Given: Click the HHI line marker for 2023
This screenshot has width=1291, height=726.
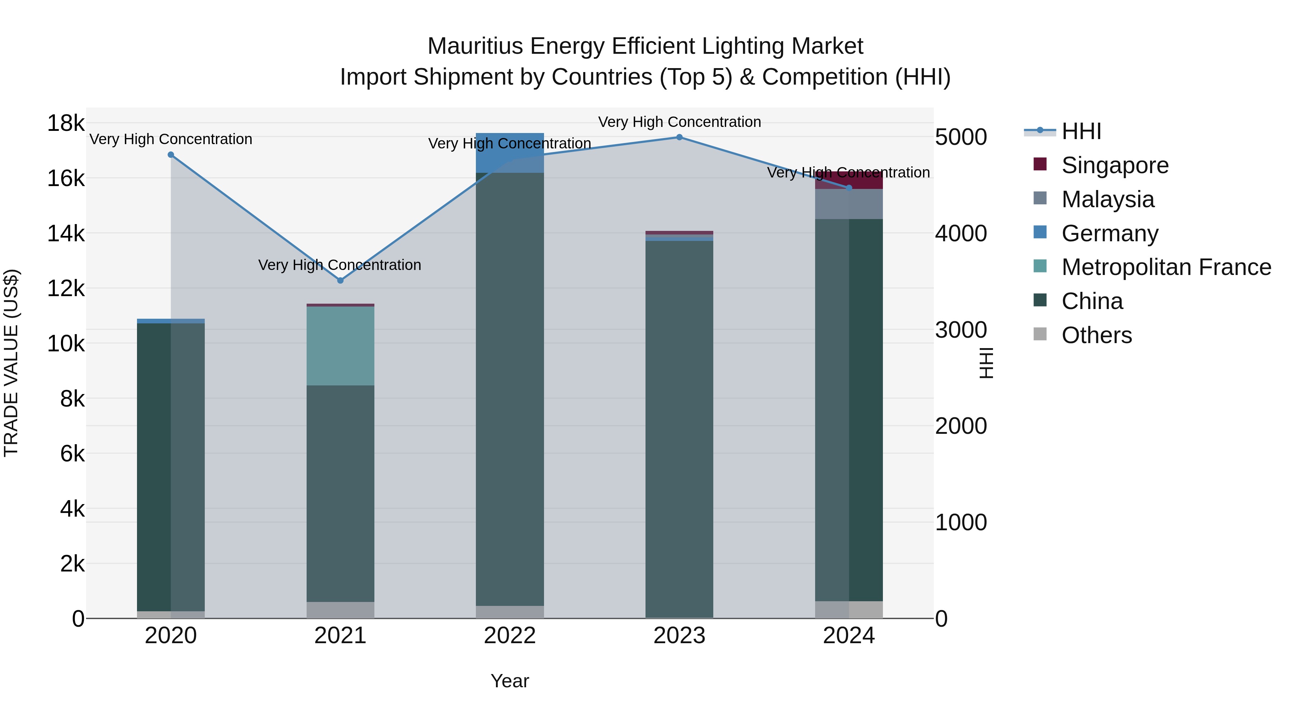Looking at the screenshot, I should point(679,137).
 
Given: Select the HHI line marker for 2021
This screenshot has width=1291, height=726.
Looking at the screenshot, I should point(340,281).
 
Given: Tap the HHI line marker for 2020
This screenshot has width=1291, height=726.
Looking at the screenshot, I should point(171,155).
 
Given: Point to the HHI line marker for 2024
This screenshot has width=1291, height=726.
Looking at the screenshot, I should point(849,188).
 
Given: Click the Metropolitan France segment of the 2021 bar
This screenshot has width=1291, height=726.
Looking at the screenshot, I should point(340,346).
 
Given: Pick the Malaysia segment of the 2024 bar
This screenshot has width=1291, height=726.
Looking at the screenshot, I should point(849,204).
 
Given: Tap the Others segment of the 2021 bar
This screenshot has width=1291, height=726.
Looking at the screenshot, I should point(340,610).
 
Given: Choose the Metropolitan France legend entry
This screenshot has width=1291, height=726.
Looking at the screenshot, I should point(1166,267).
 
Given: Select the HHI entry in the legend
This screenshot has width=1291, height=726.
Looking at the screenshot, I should point(1081,131).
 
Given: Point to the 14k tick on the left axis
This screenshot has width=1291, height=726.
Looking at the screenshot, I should point(66,233).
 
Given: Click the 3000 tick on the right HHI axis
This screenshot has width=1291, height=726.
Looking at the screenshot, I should point(961,330).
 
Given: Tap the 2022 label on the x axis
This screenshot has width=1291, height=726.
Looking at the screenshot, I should point(510,636).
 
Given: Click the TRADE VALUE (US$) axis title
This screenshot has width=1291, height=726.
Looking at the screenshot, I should point(11,363).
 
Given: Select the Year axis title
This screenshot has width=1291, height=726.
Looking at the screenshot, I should point(510,681).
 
